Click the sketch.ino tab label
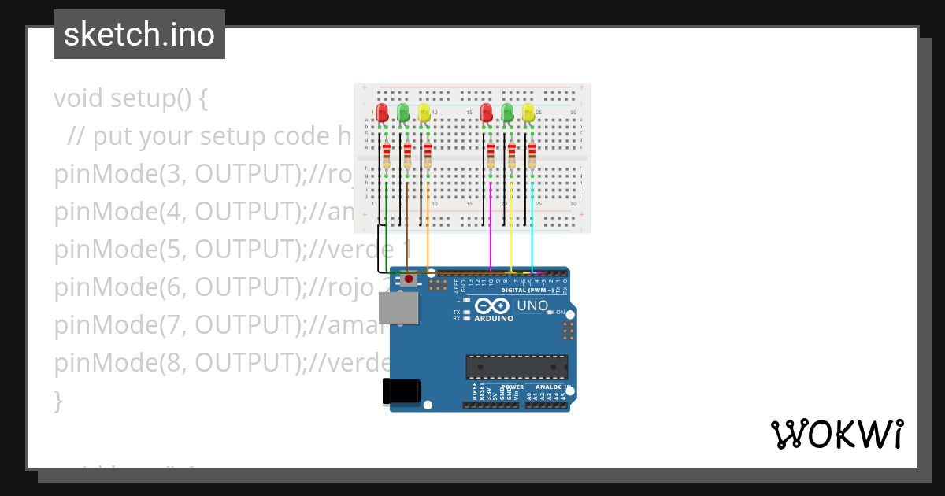point(139,35)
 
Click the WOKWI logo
point(836,434)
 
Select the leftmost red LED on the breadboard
point(383,113)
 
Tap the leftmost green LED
point(403,113)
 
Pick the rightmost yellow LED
point(528,113)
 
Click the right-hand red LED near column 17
point(487,113)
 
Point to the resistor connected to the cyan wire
point(532,156)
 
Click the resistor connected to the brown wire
point(407,156)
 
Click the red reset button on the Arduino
point(409,279)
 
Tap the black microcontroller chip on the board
point(516,368)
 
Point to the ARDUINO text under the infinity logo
point(494,319)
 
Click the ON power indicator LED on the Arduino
point(550,313)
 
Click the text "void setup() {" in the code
point(131,99)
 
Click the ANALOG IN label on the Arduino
point(552,387)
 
